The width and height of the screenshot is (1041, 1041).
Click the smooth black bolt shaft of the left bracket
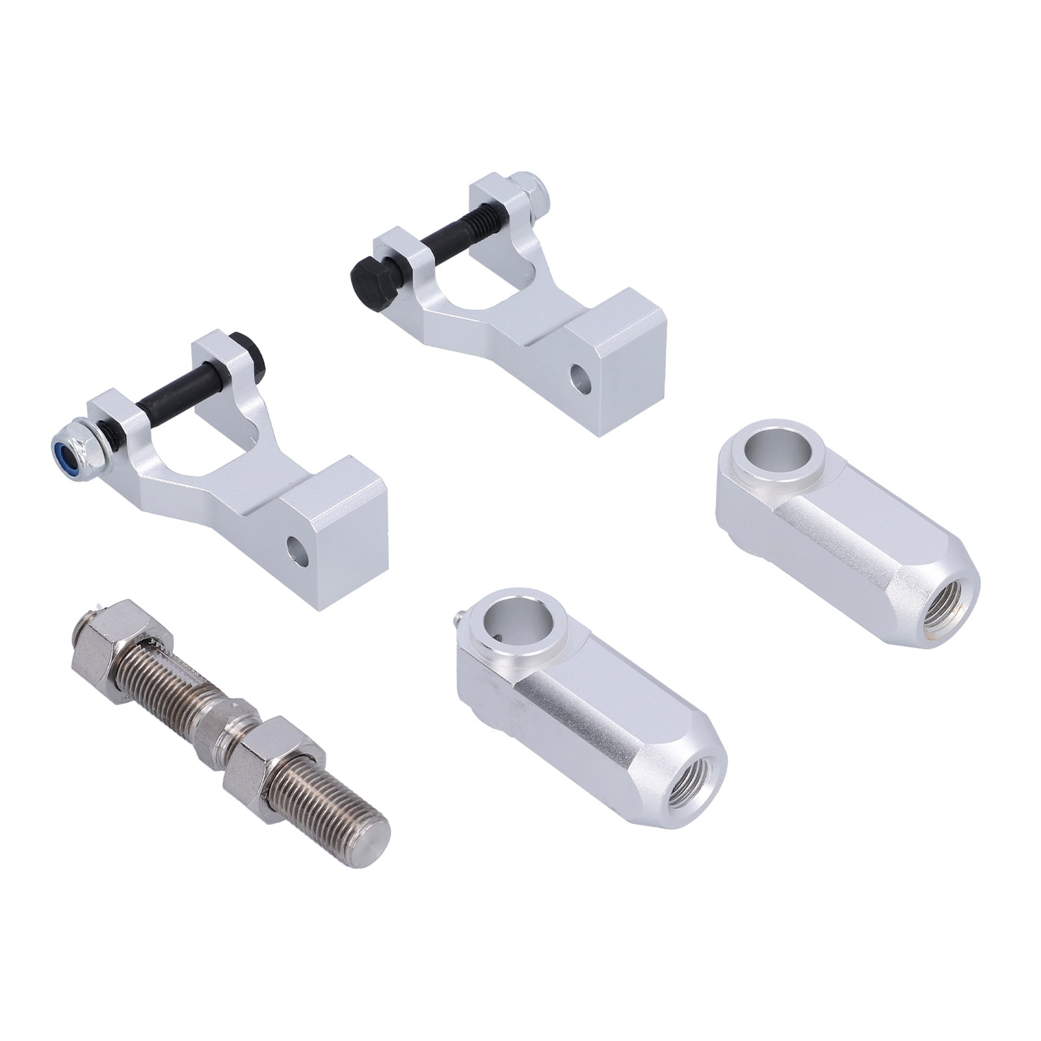[159, 391]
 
